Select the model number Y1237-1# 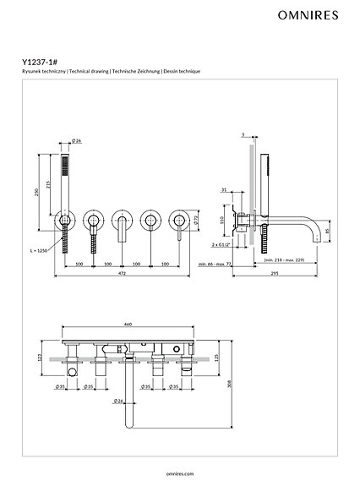40,62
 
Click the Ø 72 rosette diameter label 195,220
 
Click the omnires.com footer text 180,475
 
